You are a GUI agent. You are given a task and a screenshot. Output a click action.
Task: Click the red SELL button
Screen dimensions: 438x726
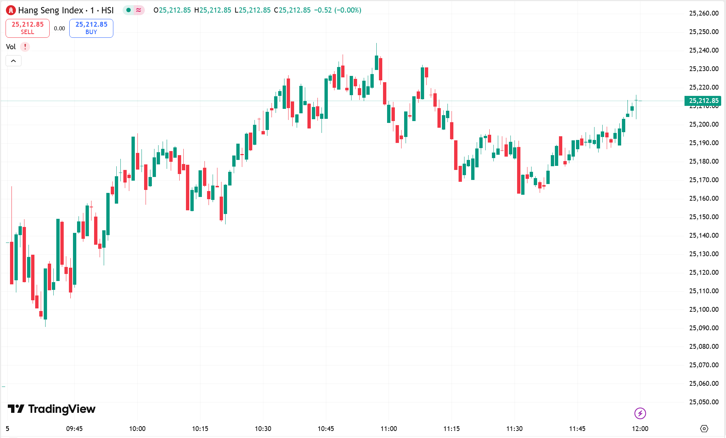[27, 28]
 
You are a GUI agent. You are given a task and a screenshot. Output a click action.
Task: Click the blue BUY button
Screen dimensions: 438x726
[91, 28]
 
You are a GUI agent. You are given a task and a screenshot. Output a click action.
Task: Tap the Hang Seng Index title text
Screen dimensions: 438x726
[51, 10]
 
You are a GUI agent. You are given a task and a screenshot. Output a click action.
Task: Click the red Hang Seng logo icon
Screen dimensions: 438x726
[11, 10]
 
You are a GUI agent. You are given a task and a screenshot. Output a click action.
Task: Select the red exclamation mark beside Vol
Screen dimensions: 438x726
[25, 47]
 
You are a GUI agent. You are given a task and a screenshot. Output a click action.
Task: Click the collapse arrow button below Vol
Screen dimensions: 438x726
[13, 61]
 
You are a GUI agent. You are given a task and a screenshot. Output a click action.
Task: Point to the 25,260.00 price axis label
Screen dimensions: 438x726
[703, 13]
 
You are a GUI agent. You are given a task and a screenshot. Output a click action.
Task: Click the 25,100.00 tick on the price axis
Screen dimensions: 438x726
[703, 310]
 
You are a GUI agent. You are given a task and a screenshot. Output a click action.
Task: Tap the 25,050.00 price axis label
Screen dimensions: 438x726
[703, 402]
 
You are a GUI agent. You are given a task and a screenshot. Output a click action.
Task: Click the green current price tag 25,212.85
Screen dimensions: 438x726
[703, 101]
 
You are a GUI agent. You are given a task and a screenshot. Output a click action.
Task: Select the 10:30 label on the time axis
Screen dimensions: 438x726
[263, 429]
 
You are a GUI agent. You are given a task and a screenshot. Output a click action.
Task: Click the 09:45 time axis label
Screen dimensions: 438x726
[74, 429]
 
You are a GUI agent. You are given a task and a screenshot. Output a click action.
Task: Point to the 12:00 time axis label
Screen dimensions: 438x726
[640, 429]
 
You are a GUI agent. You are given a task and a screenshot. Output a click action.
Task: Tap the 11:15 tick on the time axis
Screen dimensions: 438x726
[452, 429]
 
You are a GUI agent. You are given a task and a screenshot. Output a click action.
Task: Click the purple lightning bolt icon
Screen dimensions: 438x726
[640, 413]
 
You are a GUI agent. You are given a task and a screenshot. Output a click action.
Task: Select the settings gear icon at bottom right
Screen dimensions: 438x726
[704, 429]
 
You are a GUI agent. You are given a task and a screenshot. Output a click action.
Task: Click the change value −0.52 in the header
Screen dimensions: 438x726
[323, 10]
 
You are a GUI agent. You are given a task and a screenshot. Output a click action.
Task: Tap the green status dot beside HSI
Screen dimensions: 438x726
[129, 10]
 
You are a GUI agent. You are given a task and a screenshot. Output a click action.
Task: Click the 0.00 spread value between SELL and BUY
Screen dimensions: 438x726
[59, 29]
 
